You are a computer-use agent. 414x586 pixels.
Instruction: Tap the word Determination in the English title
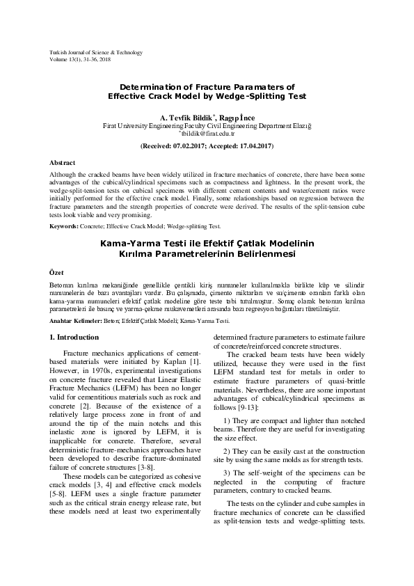coord(144,88)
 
